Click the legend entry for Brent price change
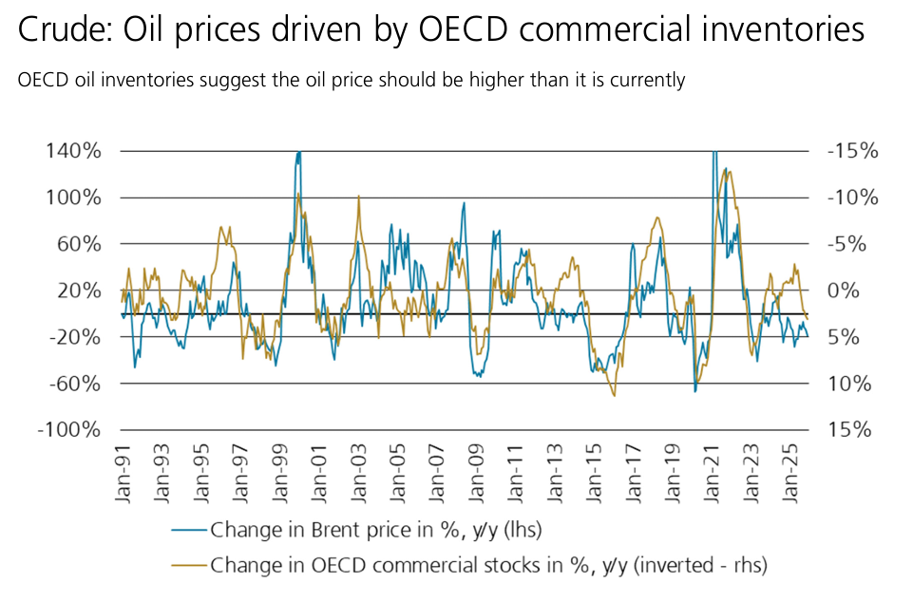[375, 528]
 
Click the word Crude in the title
[59, 30]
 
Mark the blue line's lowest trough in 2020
[694, 391]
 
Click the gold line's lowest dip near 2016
[614, 395]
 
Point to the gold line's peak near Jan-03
[358, 197]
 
